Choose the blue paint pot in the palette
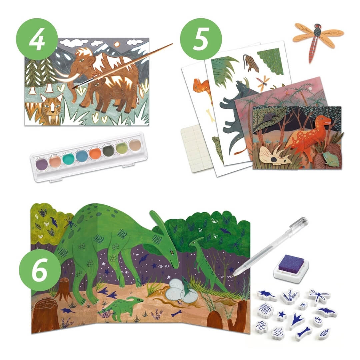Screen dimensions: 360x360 (x=82, y=156)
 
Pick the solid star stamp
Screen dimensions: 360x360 (x=282, y=315)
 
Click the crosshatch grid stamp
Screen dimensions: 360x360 (x=266, y=310)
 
